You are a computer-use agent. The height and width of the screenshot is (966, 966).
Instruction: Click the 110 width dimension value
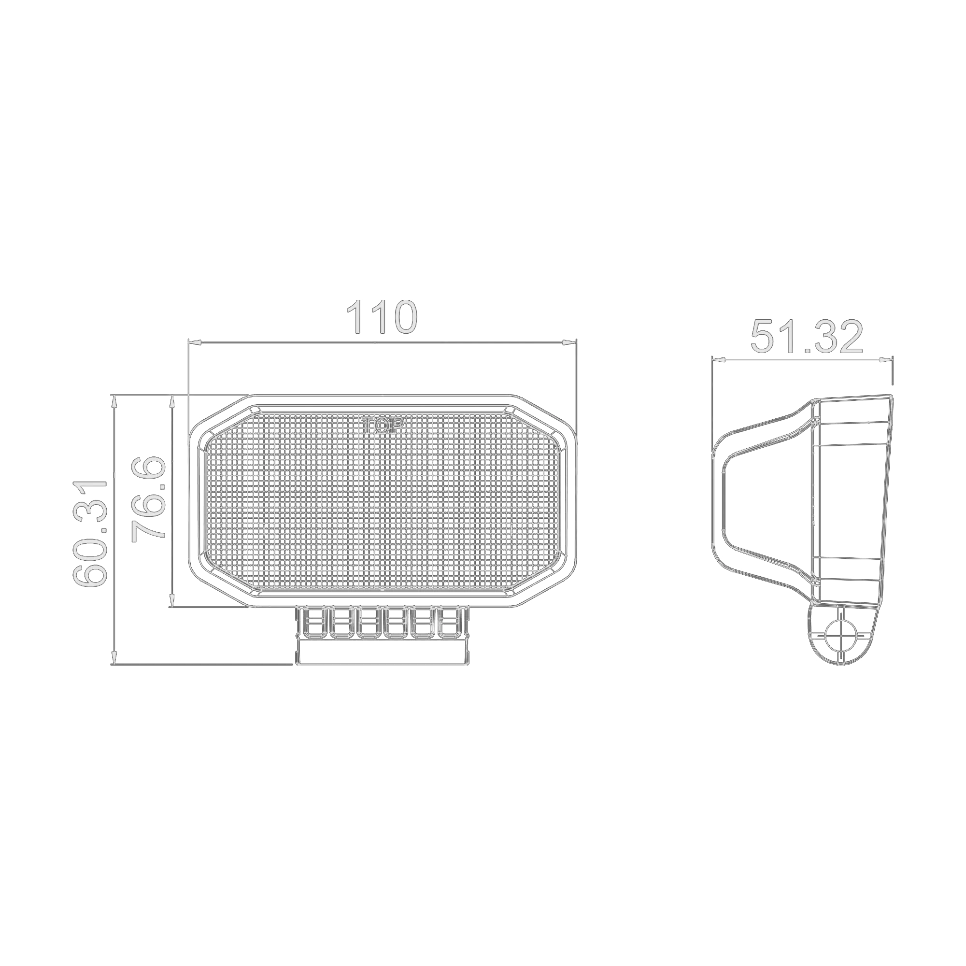(382, 317)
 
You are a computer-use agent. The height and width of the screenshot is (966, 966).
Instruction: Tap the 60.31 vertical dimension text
(90, 534)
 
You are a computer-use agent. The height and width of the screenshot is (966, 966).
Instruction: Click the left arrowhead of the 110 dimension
(195, 342)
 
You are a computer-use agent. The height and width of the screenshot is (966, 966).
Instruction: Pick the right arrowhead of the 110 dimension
(569, 342)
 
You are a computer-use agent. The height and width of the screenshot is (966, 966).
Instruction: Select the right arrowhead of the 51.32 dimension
(885, 359)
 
